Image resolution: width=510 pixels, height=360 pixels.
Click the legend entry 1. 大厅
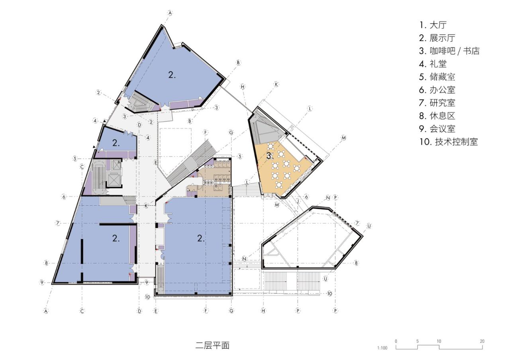(x=433, y=25)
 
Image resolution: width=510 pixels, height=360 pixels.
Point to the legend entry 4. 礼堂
(x=433, y=64)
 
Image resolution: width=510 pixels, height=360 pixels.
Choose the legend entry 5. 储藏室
(x=437, y=77)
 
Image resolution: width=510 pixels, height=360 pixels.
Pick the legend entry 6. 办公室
(x=437, y=90)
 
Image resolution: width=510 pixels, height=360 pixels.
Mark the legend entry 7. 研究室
(x=437, y=103)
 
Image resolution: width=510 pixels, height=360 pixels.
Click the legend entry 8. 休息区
(x=437, y=116)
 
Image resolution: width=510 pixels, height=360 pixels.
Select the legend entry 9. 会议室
(x=437, y=129)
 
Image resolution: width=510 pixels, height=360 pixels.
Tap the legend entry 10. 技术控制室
(x=448, y=142)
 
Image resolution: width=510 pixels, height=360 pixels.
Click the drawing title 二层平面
(x=212, y=345)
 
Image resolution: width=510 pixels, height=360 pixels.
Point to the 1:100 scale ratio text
(x=382, y=348)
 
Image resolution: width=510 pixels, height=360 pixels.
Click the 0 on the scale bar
(x=396, y=341)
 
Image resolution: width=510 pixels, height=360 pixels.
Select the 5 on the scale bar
(x=418, y=341)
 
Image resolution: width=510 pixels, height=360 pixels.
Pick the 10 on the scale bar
(x=439, y=341)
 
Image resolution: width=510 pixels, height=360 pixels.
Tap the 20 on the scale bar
(x=482, y=341)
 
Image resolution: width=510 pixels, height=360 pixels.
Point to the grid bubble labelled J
(x=297, y=201)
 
